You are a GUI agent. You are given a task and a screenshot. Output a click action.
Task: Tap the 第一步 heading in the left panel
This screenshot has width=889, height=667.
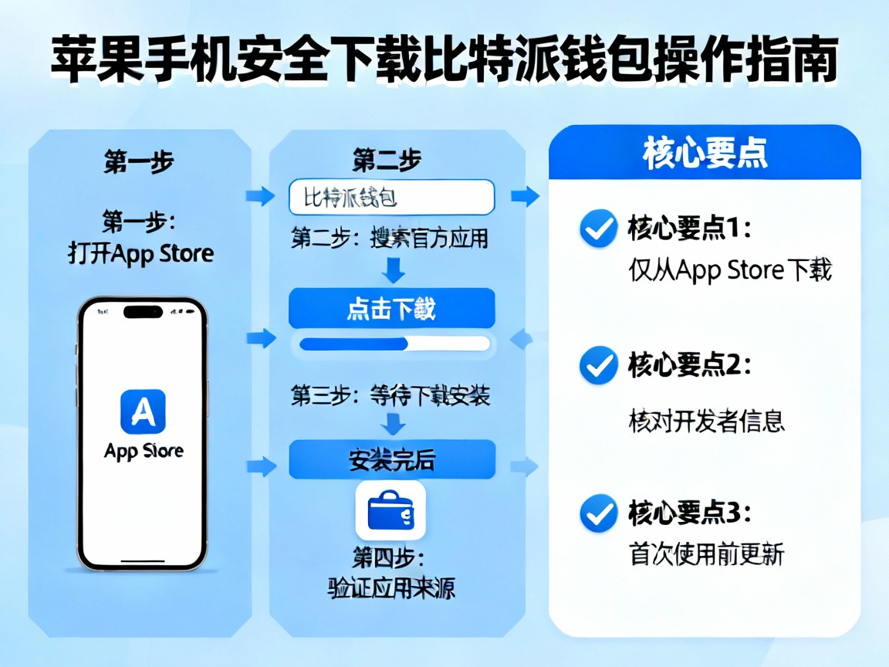[x=138, y=162]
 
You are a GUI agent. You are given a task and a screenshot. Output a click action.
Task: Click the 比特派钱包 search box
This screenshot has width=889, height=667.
[x=391, y=198]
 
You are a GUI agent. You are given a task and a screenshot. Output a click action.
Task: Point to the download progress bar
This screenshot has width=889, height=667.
[x=394, y=344]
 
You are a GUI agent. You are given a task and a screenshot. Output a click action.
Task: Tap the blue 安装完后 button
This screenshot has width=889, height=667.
[x=391, y=460]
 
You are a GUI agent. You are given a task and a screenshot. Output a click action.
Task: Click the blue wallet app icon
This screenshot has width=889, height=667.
[x=390, y=510]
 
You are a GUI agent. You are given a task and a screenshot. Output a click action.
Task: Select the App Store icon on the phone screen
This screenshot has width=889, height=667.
[x=143, y=411]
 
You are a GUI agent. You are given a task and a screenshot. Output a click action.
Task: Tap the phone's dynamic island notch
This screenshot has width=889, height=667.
[x=143, y=313]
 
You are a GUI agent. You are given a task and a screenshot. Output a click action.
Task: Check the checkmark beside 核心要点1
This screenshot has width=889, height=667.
[x=598, y=229]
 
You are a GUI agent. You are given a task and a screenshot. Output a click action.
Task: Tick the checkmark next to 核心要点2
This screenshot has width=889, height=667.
[x=598, y=365]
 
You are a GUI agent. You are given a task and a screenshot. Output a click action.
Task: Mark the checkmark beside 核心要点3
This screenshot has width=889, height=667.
[x=598, y=512]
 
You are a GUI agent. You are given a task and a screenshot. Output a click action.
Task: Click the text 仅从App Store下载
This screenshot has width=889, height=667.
[x=730, y=270]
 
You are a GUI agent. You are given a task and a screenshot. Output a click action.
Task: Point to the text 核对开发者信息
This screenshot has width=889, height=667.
[x=707, y=421]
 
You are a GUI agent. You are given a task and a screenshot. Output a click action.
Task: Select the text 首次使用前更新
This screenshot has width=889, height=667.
[x=707, y=554]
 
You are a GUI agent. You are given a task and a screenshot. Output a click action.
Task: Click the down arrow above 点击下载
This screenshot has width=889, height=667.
[x=394, y=270]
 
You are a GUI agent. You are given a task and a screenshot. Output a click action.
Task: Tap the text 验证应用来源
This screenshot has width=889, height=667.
[x=391, y=588]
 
